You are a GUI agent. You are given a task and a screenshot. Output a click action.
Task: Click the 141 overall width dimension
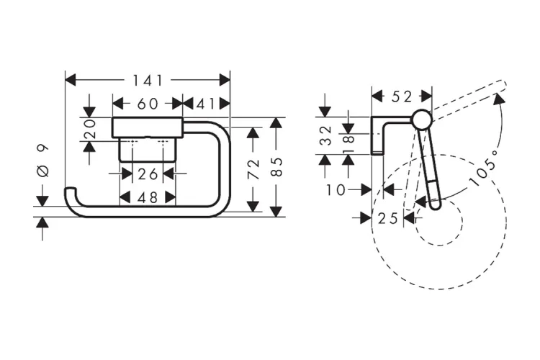tap(148, 80)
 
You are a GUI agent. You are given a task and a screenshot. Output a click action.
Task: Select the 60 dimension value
tap(147, 104)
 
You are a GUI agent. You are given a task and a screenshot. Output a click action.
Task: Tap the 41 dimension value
tap(206, 104)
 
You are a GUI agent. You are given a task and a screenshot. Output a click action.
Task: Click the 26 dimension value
tap(148, 174)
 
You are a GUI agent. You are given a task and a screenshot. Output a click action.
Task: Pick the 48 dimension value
tap(148, 197)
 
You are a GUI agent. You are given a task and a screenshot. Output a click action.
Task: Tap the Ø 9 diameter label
tap(42, 162)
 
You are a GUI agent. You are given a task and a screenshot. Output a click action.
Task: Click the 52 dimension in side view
tap(401, 95)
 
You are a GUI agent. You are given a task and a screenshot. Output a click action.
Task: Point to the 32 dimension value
tap(325, 135)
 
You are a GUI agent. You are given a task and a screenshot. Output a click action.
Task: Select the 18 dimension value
tap(348, 135)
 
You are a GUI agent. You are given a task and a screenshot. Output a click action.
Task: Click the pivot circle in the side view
tap(422, 119)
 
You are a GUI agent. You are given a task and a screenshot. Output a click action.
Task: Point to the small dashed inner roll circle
tap(436, 221)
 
